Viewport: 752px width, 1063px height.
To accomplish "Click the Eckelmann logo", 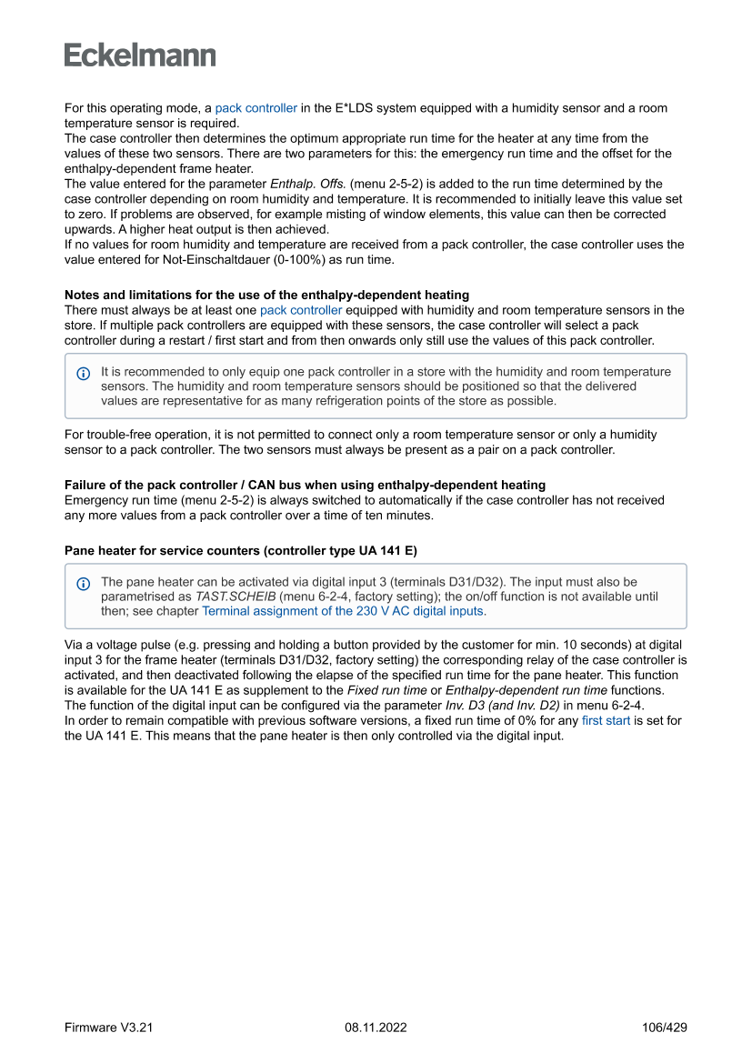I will pos(140,55).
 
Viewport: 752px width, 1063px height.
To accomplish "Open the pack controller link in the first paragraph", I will pos(256,108).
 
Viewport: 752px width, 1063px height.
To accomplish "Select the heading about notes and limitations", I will pos(266,295).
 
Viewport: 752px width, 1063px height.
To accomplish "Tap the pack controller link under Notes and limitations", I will pos(301,310).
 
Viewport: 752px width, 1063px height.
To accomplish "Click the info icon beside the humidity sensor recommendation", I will pos(84,373).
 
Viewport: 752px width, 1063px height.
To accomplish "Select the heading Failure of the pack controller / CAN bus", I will pos(305,485).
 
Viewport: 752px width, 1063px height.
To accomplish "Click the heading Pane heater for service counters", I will pos(240,550).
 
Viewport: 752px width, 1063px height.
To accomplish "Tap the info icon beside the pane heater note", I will pos(84,583).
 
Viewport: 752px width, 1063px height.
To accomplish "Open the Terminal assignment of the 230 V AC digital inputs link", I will pos(344,612).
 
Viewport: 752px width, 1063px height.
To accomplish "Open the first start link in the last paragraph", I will pos(606,721).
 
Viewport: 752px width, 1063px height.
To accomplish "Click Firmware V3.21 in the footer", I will pos(108,1028).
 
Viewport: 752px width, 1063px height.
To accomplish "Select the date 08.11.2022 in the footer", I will pos(376,1028).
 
